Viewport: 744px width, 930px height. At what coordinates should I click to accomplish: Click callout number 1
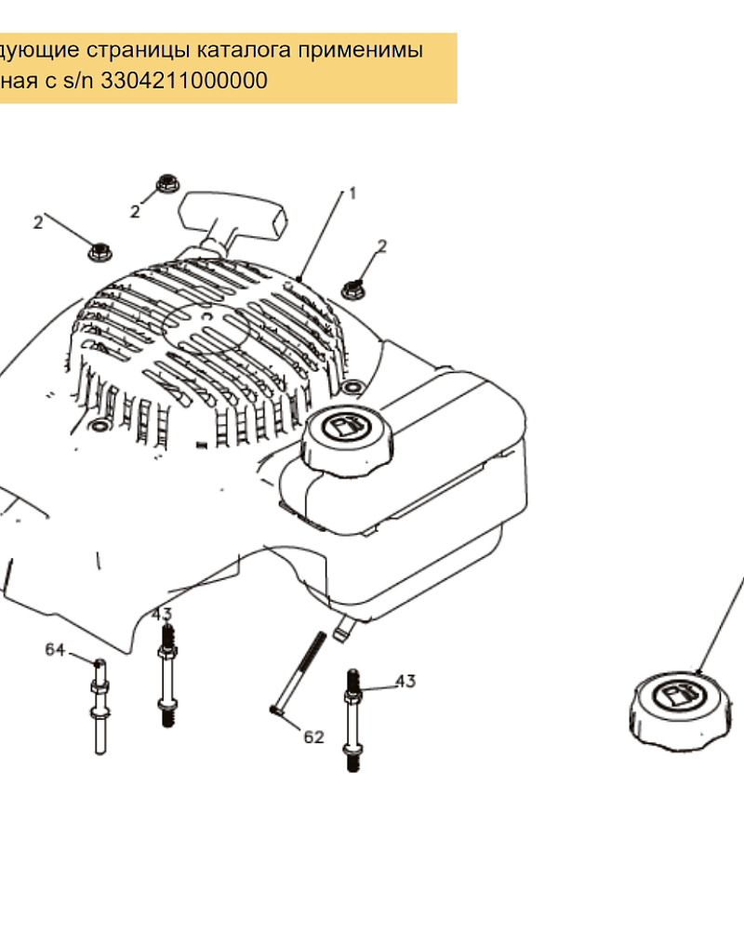click(352, 193)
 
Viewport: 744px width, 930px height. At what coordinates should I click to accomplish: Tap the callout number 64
click(55, 649)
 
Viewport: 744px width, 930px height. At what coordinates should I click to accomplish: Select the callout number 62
click(313, 737)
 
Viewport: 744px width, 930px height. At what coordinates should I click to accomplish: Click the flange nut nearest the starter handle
click(168, 183)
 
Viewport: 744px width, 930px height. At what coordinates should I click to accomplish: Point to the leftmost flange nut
click(100, 251)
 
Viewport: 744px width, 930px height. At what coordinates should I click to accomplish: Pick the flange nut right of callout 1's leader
click(353, 289)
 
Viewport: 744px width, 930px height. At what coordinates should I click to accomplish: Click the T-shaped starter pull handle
click(232, 220)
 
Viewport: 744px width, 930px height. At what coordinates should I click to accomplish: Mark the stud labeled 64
click(100, 707)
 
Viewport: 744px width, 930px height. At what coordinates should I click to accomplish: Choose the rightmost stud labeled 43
click(352, 721)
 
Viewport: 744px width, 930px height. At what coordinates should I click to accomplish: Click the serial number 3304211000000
click(184, 80)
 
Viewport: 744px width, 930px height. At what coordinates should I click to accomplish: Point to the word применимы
click(360, 50)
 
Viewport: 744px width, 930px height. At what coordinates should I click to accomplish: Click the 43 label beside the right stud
click(405, 681)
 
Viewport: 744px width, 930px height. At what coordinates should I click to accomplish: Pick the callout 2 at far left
click(38, 222)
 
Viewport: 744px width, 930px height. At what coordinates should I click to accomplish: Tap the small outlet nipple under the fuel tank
click(342, 629)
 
